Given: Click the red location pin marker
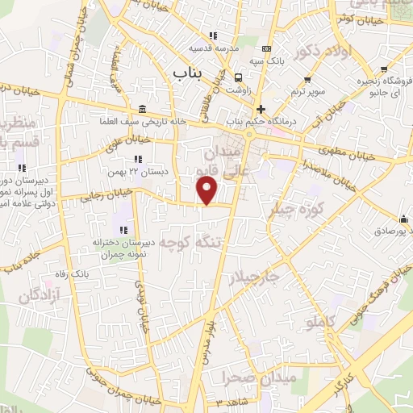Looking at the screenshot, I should pyautogui.click(x=208, y=190).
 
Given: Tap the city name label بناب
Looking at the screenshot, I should pyautogui.click(x=190, y=73).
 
